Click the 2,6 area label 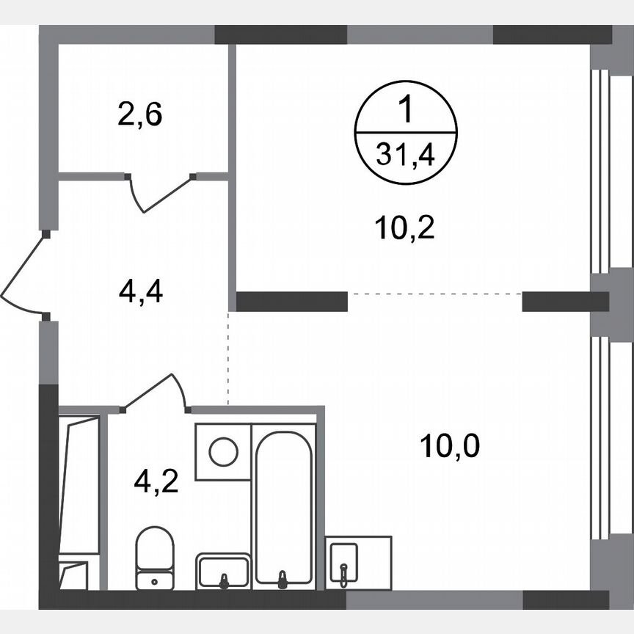point(139,115)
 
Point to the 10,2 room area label point(405,229)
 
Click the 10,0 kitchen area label point(450,445)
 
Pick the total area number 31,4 point(406,154)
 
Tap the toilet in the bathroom point(155,556)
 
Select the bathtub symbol point(284,506)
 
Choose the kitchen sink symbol point(343,564)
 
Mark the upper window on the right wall point(600,171)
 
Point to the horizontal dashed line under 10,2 point(434,294)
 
